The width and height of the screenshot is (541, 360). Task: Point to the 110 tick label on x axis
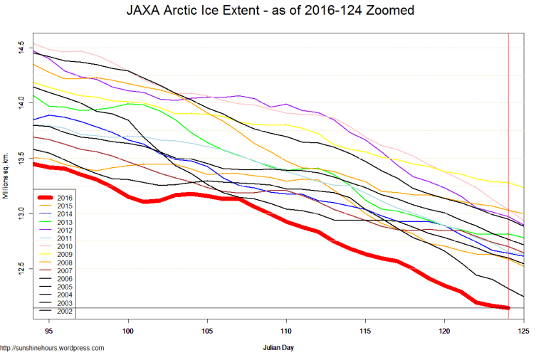pyautogui.click(x=286, y=332)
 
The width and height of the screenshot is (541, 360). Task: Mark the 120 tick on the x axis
pyautogui.click(x=444, y=332)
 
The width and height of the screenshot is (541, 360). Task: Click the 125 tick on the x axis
pyautogui.click(x=523, y=332)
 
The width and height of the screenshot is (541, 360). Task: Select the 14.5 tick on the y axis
pyautogui.click(x=23, y=48)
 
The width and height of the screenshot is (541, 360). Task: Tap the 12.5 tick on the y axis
pyautogui.click(x=23, y=268)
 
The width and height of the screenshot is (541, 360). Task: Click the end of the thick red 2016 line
pyautogui.click(x=508, y=307)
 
